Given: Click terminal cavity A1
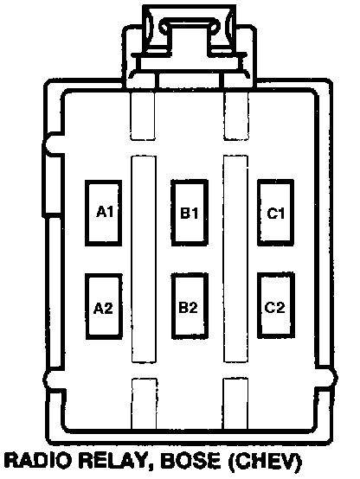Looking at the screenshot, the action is pyautogui.click(x=103, y=213).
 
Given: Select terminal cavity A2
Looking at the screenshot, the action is pyautogui.click(x=103, y=306).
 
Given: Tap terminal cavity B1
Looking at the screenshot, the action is pyautogui.click(x=190, y=213).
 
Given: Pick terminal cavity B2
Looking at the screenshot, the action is pyautogui.click(x=190, y=306).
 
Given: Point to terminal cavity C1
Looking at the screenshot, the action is pyautogui.click(x=275, y=213).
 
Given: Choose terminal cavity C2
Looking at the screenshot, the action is pyautogui.click(x=276, y=305).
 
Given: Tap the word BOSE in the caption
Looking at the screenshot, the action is pyautogui.click(x=190, y=461).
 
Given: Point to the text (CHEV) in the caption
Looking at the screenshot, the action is pyautogui.click(x=265, y=462).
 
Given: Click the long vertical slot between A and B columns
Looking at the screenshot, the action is pyautogui.click(x=144, y=259).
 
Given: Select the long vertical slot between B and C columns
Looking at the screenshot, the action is pyautogui.click(x=235, y=259).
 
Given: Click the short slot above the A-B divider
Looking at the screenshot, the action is pyautogui.click(x=143, y=116).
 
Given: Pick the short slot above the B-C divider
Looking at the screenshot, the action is pyautogui.click(x=236, y=116).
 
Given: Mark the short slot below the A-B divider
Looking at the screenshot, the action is pyautogui.click(x=144, y=404).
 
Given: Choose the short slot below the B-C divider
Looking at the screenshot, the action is pyautogui.click(x=235, y=404).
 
